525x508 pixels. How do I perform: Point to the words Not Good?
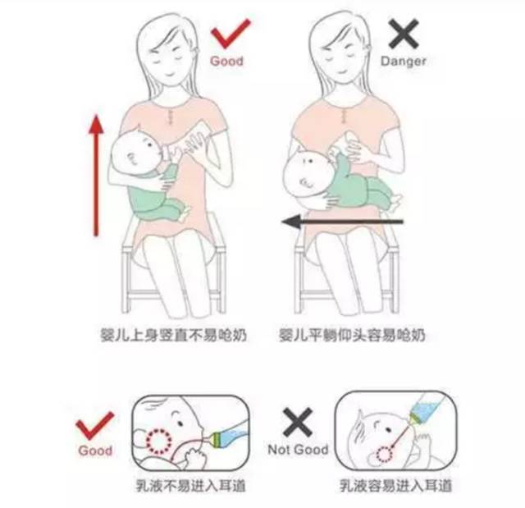297,450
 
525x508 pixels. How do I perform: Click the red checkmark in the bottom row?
94,424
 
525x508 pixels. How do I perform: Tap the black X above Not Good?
296,422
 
